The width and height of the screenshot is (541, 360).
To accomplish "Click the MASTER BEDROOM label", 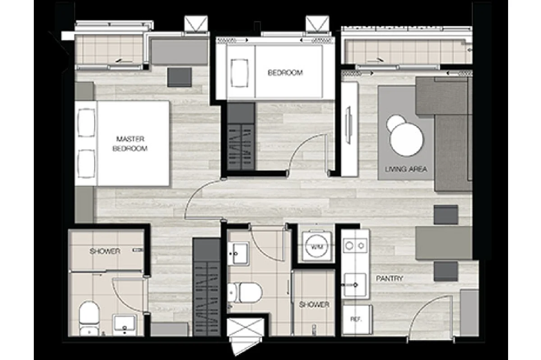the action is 130,144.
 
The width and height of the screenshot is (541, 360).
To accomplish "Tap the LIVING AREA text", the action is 406,169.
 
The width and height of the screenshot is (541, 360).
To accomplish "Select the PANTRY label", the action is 390,278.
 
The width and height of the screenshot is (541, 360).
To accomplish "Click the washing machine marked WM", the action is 316,246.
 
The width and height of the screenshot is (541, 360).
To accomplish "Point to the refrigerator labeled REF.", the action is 357,319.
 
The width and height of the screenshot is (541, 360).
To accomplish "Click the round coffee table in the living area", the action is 406,140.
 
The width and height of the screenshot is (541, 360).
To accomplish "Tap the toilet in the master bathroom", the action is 89,318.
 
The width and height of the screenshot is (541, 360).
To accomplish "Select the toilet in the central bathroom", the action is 245,292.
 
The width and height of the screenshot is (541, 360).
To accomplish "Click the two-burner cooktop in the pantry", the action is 355,246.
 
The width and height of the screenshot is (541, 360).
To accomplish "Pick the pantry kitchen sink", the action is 355,285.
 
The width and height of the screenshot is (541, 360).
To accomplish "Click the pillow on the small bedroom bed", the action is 239,73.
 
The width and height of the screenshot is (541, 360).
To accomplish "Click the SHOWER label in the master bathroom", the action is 105,251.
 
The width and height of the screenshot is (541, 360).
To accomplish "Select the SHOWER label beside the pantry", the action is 314,305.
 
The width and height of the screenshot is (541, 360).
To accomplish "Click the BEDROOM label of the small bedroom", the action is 285,73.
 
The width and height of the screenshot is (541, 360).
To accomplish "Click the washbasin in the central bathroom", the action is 238,253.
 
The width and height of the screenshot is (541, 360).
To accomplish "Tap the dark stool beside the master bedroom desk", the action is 179,77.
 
